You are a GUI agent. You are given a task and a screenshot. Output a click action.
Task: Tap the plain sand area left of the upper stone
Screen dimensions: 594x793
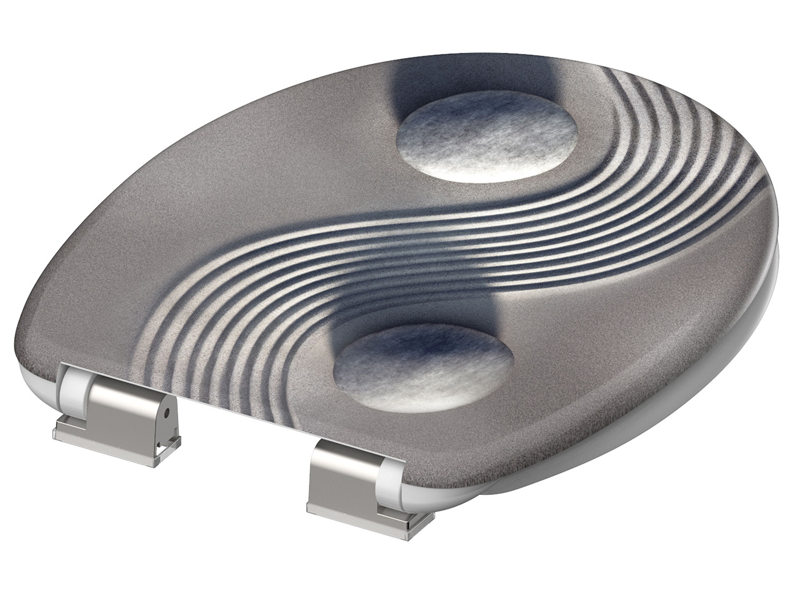point(264,132)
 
